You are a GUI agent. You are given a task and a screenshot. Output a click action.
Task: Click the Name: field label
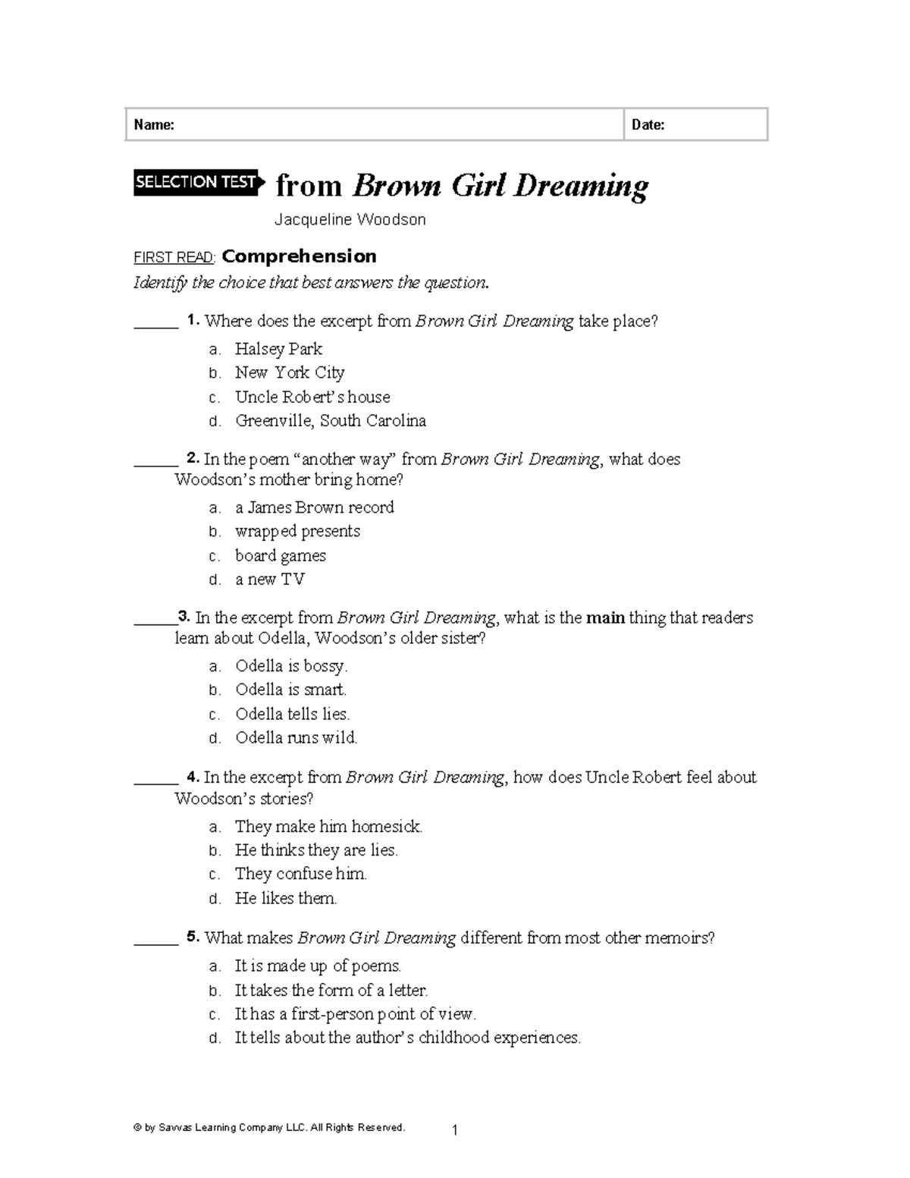pos(154,125)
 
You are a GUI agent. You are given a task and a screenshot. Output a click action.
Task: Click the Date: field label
pos(648,125)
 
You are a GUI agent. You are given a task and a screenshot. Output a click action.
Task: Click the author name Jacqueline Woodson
pos(350,220)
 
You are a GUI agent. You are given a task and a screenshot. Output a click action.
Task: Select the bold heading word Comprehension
pos(299,256)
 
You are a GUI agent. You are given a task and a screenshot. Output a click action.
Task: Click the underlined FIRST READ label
pos(174,257)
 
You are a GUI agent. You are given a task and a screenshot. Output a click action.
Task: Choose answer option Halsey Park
pos(278,349)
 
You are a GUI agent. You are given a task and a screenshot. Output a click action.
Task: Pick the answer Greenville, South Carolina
pos(330,420)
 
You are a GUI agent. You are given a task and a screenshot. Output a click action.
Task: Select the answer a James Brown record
pos(314,507)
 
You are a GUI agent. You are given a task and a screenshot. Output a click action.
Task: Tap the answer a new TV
pos(269,580)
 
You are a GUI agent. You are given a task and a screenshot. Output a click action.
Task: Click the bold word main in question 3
pos(605,617)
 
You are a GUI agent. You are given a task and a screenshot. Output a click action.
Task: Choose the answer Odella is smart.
pos(290,690)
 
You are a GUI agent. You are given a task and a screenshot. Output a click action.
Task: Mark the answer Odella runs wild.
pos(296,737)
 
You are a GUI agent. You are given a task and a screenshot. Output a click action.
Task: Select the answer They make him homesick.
pos(328,826)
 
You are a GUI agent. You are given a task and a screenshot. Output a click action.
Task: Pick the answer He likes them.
pos(286,898)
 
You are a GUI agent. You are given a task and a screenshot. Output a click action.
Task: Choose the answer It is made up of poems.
pos(318,966)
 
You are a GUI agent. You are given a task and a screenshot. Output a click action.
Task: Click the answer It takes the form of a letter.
pos(331,990)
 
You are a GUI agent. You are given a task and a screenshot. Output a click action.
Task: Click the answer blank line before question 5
pos(155,943)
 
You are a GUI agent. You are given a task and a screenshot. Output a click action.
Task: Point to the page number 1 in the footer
pos(454,1131)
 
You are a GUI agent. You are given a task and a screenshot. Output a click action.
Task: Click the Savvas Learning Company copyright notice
pos(269,1127)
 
